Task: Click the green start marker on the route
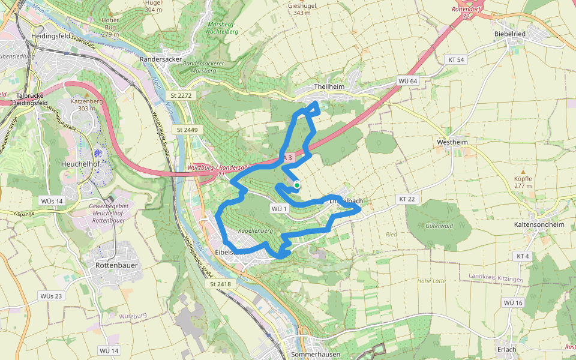tap(297, 186)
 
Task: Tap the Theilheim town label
tap(329, 87)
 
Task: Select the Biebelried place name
tap(509, 34)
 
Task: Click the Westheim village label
tap(452, 142)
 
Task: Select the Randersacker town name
tap(160, 60)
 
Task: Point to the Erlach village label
tap(506, 350)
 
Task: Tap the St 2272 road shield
tap(181, 95)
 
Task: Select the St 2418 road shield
tap(220, 284)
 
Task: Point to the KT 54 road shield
tap(456, 60)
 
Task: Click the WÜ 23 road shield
tap(50, 296)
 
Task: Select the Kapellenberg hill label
tap(256, 230)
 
